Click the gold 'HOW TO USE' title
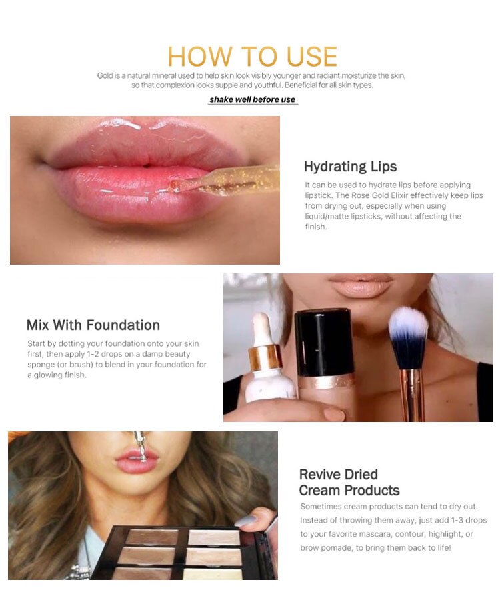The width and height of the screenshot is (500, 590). tap(252, 57)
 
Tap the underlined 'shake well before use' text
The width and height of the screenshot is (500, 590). tap(253, 100)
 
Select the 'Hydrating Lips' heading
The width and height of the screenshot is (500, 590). tap(350, 167)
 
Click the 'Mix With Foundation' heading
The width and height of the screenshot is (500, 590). tap(93, 325)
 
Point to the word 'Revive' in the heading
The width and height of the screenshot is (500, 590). tap(321, 474)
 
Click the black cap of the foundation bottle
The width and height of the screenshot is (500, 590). tap(324, 341)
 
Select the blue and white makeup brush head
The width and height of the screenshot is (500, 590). tap(408, 337)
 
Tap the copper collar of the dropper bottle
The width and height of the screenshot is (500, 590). tap(265, 357)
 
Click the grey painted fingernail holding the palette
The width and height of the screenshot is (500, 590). tap(246, 521)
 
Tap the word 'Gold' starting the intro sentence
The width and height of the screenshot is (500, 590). tap(105, 75)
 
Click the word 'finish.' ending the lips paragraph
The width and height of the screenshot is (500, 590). tap(316, 227)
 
